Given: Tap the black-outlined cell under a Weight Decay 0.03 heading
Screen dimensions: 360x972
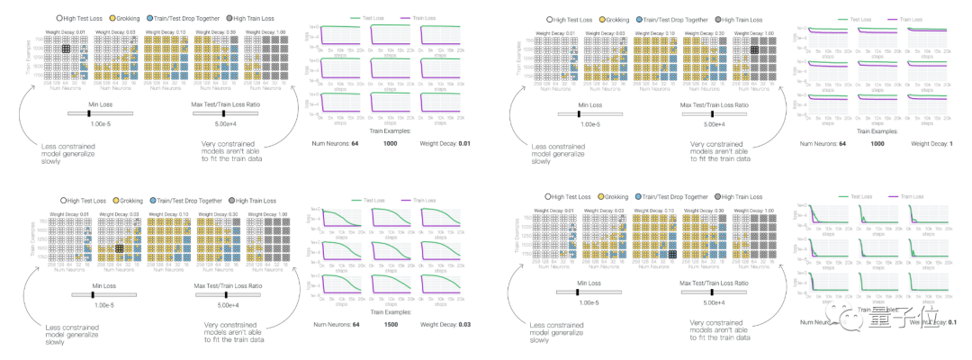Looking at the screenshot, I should (118, 248).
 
